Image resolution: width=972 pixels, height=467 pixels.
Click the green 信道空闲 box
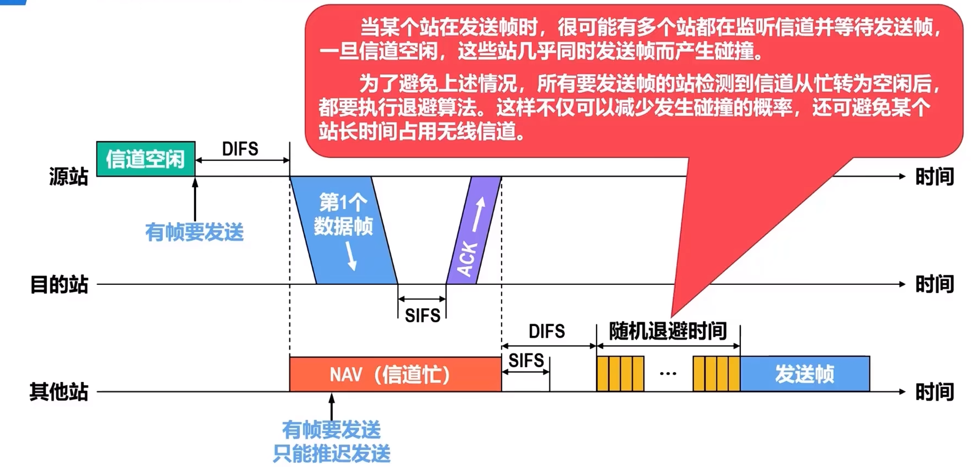146,159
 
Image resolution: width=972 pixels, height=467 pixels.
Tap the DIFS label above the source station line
240,149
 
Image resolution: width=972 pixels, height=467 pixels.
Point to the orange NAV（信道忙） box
395,374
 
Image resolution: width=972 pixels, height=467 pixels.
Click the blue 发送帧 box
805,374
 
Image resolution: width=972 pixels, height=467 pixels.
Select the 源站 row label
68,176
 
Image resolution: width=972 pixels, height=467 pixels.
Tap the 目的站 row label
59,284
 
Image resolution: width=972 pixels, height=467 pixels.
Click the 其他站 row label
59,392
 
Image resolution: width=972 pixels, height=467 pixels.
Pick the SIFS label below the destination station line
422,315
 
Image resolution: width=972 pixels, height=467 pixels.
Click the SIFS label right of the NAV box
526,361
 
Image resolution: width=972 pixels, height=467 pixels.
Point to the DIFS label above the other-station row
546,331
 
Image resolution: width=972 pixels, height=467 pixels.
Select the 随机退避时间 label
668,331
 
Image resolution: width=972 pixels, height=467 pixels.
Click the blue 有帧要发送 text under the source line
194,232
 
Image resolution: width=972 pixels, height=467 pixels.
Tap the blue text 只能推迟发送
332,453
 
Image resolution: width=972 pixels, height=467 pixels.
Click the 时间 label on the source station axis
935,176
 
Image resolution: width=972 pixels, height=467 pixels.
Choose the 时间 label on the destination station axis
935,284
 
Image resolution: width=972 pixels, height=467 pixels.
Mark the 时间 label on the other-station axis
935,392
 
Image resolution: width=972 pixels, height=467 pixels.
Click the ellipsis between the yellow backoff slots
668,374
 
